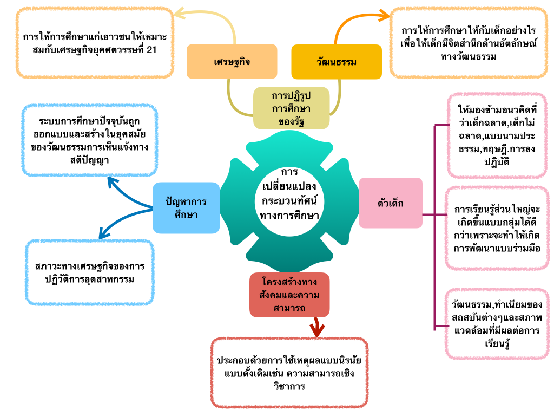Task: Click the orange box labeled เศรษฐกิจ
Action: coord(232,61)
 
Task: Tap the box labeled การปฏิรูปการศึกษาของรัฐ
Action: coord(291,108)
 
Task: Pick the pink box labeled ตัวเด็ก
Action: coord(391,203)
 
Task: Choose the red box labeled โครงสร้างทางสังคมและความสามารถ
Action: coord(289,295)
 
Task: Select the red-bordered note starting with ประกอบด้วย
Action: coord(289,373)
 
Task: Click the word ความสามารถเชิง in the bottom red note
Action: coord(325,373)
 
